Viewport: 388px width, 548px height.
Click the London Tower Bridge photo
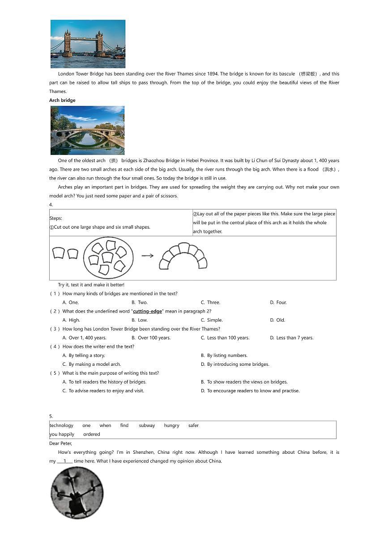pyautogui.click(x=88, y=44)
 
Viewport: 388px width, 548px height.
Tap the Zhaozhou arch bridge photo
pyautogui.click(x=87, y=130)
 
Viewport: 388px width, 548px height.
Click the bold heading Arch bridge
pyautogui.click(x=62, y=100)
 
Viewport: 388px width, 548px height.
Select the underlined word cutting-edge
pyautogui.click(x=147, y=311)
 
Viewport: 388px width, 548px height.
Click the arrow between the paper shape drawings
pyautogui.click(x=147, y=256)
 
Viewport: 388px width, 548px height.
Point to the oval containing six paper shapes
pyautogui.click(x=108, y=258)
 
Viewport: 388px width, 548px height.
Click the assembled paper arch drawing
pyautogui.click(x=183, y=256)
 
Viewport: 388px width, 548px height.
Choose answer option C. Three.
pyautogui.click(x=210, y=302)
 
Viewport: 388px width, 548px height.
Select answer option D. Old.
pyautogui.click(x=277, y=320)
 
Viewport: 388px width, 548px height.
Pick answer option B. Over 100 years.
pyautogui.click(x=151, y=338)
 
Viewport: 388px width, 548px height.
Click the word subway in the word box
pyautogui.click(x=147, y=426)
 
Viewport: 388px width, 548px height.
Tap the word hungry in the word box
pyautogui.click(x=171, y=426)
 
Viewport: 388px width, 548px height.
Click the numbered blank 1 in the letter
pyautogui.click(x=65, y=461)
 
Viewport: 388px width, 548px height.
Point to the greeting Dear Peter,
pyautogui.click(x=60, y=443)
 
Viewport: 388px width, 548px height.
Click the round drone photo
pyautogui.click(x=77, y=493)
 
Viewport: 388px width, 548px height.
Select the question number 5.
pyautogui.click(x=51, y=416)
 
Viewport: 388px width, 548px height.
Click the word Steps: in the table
pyautogui.click(x=56, y=218)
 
